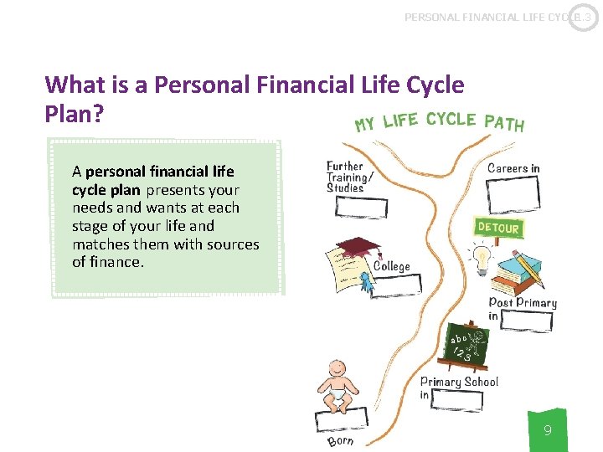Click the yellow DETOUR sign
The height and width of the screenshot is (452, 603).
tap(498, 227)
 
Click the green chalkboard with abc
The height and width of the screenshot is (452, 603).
tap(467, 346)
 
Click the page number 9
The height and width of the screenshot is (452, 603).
tap(547, 431)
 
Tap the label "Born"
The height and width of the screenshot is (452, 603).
tap(341, 440)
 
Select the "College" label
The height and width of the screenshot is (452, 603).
tap(392, 266)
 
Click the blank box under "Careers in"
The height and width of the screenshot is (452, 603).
tap(513, 194)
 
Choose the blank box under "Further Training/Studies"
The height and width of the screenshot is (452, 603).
tap(361, 207)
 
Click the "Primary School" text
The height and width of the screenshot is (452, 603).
tap(459, 382)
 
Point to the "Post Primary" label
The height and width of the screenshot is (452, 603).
tap(523, 302)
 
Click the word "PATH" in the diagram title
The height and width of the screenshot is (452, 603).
tap(503, 123)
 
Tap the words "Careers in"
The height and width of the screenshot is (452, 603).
tap(513, 168)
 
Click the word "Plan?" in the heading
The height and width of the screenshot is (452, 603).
tap(75, 114)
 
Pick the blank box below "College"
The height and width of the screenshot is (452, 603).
tap(396, 285)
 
